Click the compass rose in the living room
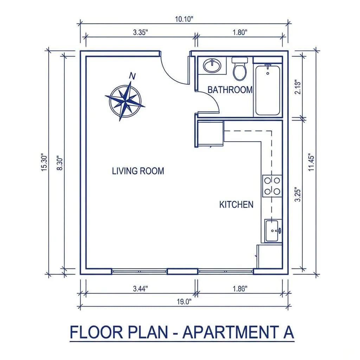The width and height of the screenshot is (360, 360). (x=125, y=101)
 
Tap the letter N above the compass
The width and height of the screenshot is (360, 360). (x=133, y=76)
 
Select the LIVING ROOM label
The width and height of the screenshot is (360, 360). (x=138, y=171)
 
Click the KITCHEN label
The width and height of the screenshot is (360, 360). (x=236, y=205)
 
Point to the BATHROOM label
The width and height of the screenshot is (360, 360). (x=230, y=90)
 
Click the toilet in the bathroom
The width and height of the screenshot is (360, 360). (x=240, y=69)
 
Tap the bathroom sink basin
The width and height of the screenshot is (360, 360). (x=212, y=65)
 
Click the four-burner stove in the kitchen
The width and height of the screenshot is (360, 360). (x=272, y=186)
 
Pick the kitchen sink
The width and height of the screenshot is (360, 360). (x=273, y=231)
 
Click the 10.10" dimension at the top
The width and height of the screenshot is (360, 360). (x=185, y=19)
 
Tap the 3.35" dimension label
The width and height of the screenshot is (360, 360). (x=141, y=32)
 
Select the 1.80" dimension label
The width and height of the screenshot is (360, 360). (x=240, y=32)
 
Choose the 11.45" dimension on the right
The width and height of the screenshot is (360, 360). (x=311, y=162)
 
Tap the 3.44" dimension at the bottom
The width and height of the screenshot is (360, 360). (x=141, y=289)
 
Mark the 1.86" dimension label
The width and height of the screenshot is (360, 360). (x=240, y=289)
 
